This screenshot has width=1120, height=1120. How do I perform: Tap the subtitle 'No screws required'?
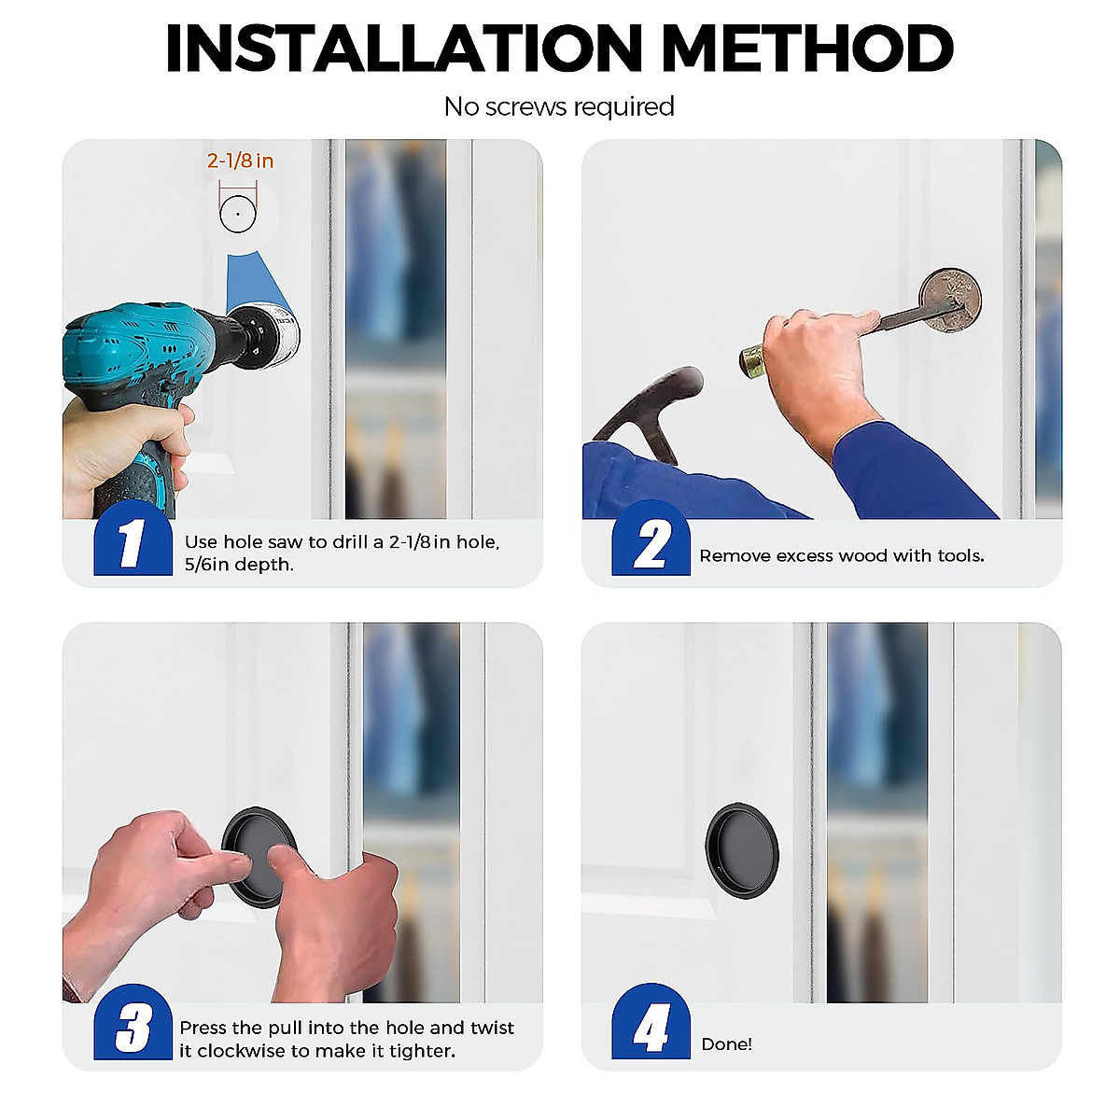point(559,107)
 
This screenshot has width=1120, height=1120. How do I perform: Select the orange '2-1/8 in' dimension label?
point(240,161)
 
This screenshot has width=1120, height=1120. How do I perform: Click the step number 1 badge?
point(132,541)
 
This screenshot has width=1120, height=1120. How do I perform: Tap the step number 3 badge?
point(132,1027)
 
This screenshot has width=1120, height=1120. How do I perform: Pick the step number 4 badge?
point(651,1027)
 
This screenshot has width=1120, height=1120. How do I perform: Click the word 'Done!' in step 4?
point(726,1044)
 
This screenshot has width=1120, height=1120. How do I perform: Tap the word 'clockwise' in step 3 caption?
point(241,1051)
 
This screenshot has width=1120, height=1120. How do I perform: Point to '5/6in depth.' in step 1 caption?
point(239,565)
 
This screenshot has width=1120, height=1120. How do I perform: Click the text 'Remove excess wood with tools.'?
point(842,556)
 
